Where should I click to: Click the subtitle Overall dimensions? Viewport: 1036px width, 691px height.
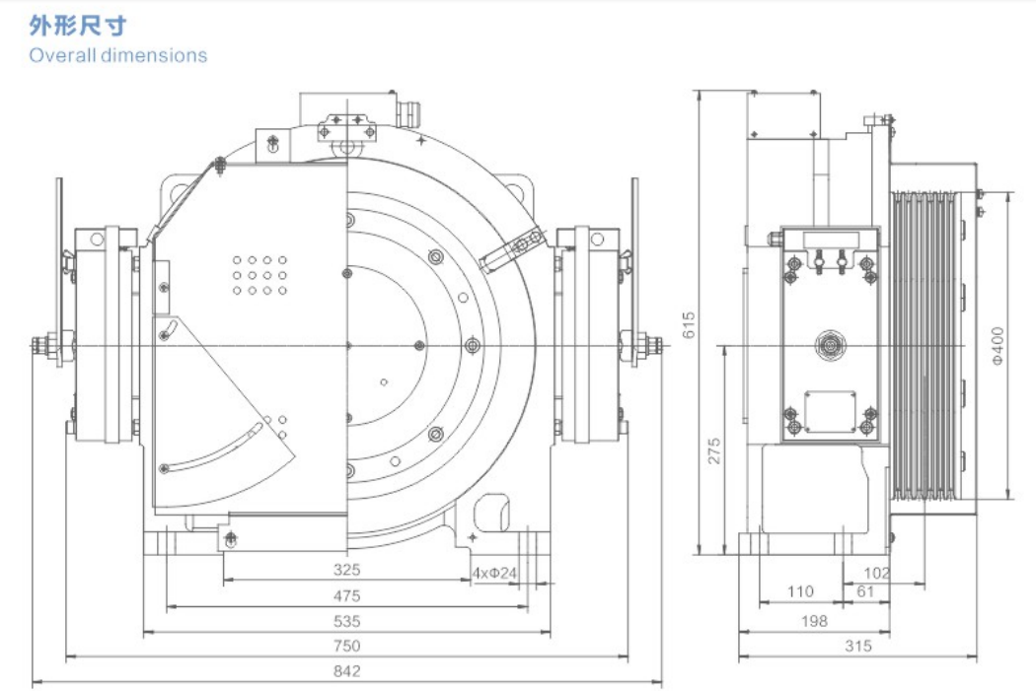point(118,55)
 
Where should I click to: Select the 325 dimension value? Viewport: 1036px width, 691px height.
point(347,570)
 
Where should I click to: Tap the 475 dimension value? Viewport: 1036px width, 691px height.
point(347,595)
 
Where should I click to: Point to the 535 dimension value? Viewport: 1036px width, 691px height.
point(347,621)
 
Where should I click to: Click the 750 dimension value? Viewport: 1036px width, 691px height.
point(347,646)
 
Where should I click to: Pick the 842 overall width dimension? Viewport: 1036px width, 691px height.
point(347,671)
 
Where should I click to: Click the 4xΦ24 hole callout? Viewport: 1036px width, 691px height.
point(494,572)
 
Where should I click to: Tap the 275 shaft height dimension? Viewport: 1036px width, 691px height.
point(715,450)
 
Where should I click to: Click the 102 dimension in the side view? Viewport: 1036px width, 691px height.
point(876,573)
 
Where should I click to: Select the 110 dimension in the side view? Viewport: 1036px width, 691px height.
point(800,591)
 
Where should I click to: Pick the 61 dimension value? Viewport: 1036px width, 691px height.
point(865,591)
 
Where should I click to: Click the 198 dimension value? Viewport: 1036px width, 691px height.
point(814,621)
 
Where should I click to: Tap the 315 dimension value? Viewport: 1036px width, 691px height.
point(858,647)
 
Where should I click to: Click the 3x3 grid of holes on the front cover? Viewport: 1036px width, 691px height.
point(259,276)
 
